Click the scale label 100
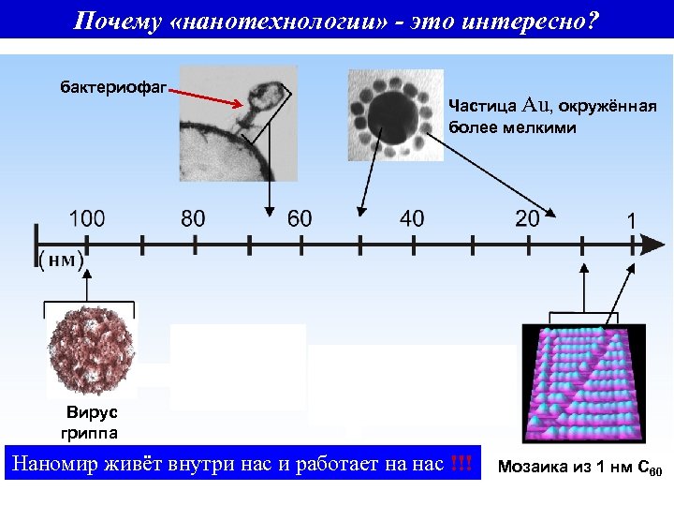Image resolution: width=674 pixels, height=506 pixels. pos(86,219)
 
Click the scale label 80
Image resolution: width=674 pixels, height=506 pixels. pos(193,219)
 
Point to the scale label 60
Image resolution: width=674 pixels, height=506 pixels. pos(300,219)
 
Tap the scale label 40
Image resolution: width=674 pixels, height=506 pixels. pos(411,219)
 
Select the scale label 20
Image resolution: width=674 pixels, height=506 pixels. pos(527,219)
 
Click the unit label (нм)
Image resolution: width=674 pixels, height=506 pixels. pos(61,260)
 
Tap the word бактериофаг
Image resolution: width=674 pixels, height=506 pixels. pos(113,88)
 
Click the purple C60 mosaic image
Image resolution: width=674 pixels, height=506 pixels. pos(582,383)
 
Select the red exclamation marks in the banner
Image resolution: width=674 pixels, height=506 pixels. pos(462,464)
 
